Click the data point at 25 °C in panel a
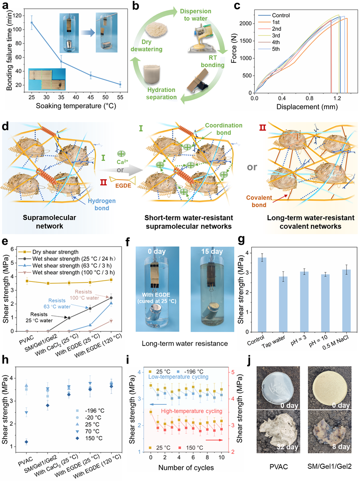point(32,23)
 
